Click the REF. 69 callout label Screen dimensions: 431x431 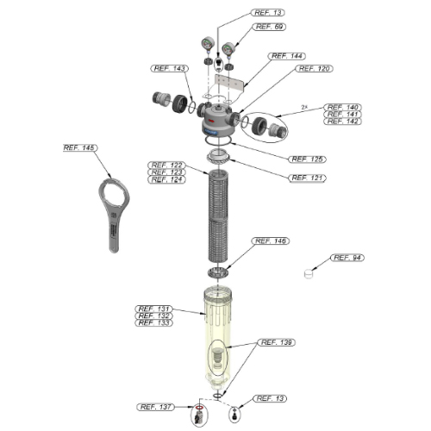click(269, 27)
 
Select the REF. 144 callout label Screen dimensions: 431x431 click(287, 56)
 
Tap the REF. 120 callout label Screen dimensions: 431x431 click(315, 69)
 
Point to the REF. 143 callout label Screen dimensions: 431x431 click(170, 68)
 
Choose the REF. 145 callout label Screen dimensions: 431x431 click(80, 147)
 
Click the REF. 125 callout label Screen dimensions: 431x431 click(307, 159)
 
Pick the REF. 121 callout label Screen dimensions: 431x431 click(307, 178)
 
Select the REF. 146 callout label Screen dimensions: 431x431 click(271, 240)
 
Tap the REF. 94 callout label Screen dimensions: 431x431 click(347, 258)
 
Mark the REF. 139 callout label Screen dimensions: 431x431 click(277, 342)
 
